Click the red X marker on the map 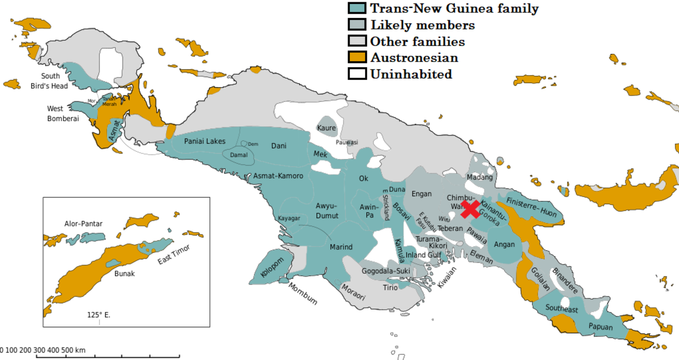pyautogui.click(x=471, y=208)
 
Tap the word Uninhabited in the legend pyautogui.click(x=411, y=74)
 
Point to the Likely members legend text pyautogui.click(x=422, y=25)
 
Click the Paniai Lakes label pyautogui.click(x=205, y=142)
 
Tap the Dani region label pyautogui.click(x=279, y=145)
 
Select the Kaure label pyautogui.click(x=326, y=128)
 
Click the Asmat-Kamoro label pyautogui.click(x=278, y=176)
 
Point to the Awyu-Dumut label pyautogui.click(x=327, y=210)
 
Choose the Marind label pyautogui.click(x=341, y=247)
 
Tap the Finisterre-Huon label pyautogui.click(x=532, y=207)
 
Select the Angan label pyautogui.click(x=504, y=245)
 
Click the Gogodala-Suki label pyautogui.click(x=385, y=271)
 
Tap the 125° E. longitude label pyautogui.click(x=99, y=314)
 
